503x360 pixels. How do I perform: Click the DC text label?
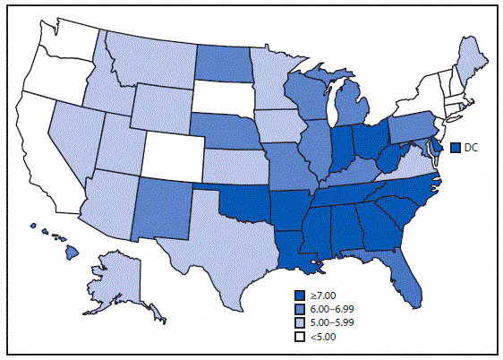coord(471,147)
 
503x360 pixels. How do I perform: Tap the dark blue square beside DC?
coord(455,147)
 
